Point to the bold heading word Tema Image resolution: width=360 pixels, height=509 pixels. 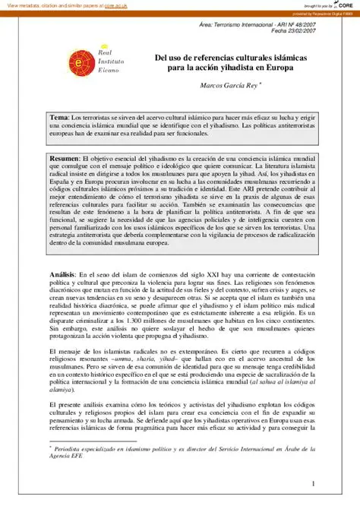click(x=59, y=119)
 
